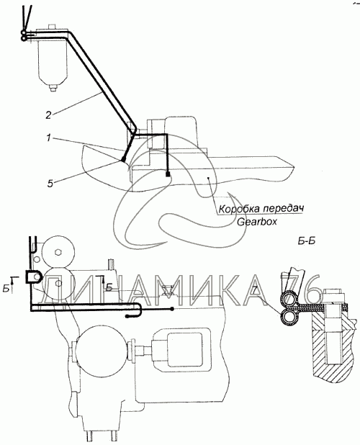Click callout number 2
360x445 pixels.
[48, 115]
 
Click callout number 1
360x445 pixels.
[49, 138]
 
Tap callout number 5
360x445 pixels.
[50, 184]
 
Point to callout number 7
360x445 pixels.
[254, 289]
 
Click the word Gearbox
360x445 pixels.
[257, 222]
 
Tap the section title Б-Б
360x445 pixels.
[307, 241]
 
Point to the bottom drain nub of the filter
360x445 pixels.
[52, 89]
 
